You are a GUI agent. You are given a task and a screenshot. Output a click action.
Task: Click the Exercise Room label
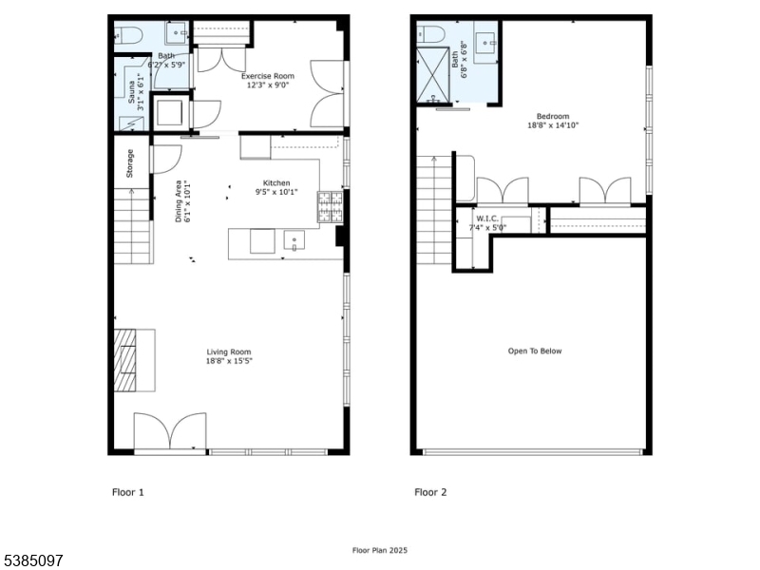pyautogui.click(x=267, y=75)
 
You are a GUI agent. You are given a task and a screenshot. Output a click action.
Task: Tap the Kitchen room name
pyautogui.click(x=276, y=183)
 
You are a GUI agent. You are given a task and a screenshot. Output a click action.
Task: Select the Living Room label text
pyautogui.click(x=229, y=352)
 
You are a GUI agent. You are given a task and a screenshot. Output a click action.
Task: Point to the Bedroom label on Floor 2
pyautogui.click(x=552, y=116)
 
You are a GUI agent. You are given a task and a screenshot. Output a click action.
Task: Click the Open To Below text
pyautogui.click(x=535, y=351)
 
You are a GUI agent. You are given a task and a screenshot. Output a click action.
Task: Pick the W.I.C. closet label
pyautogui.click(x=487, y=218)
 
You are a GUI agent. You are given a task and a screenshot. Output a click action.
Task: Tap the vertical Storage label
pyautogui.click(x=131, y=163)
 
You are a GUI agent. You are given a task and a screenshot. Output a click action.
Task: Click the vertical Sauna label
pyautogui.click(x=130, y=91)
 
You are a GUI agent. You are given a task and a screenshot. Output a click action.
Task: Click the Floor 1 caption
pyautogui.click(x=128, y=492)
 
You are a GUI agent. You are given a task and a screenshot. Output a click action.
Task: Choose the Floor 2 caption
pyautogui.click(x=430, y=492)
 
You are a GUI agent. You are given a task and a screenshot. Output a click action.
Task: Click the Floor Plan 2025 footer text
pyautogui.click(x=380, y=550)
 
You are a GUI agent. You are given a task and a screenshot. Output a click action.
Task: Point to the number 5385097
pyautogui.click(x=32, y=560)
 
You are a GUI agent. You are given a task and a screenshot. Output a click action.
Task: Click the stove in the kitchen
pyautogui.click(x=331, y=206)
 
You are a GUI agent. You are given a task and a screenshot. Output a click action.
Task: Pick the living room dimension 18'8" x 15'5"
pyautogui.click(x=229, y=361)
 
